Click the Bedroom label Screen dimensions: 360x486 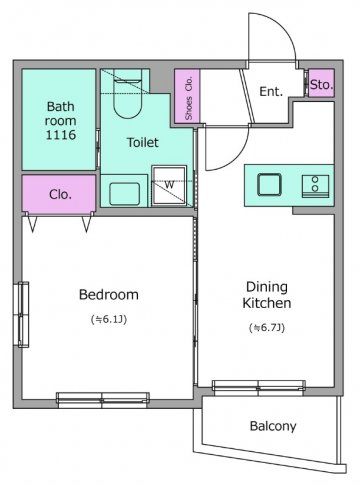pyautogui.click(x=109, y=295)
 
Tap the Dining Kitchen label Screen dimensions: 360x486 pyautogui.click(x=267, y=295)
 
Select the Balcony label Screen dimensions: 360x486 pyautogui.click(x=273, y=426)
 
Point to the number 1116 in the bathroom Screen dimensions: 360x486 pyautogui.click(x=61, y=135)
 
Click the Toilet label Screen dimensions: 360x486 pyautogui.click(x=143, y=142)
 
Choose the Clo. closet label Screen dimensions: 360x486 pyautogui.click(x=60, y=194)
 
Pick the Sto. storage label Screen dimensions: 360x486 pyautogui.click(x=321, y=85)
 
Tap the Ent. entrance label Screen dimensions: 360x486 pyautogui.click(x=271, y=91)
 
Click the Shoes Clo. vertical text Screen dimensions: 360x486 pyautogui.click(x=189, y=98)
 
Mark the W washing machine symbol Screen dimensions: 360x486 pyautogui.click(x=169, y=184)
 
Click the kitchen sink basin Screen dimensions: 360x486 pyautogui.click(x=269, y=184)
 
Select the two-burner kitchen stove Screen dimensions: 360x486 pyautogui.click(x=315, y=184)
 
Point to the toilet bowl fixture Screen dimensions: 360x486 pyautogui.click(x=128, y=94)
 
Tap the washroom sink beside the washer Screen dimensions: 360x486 pyautogui.click(x=124, y=194)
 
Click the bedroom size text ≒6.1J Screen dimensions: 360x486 pyautogui.click(x=109, y=319)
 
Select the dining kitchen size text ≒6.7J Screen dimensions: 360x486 pyautogui.click(x=267, y=328)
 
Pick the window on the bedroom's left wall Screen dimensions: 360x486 pyautogui.click(x=23, y=315)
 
